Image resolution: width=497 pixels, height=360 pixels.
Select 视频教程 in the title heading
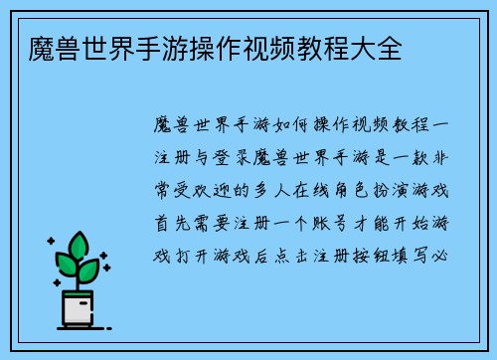coord(295,47)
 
